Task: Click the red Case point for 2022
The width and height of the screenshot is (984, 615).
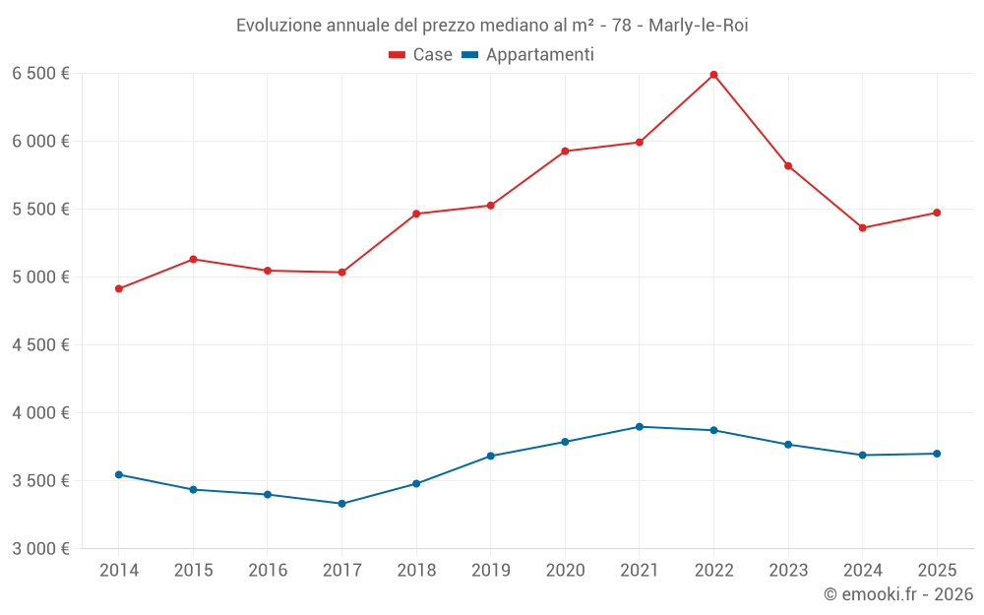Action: click(713, 75)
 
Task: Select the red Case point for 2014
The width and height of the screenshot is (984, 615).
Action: click(119, 288)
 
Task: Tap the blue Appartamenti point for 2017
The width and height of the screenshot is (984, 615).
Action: click(341, 504)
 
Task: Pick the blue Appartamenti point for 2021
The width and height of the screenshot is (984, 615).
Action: click(640, 427)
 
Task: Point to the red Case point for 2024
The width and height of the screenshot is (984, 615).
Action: click(863, 228)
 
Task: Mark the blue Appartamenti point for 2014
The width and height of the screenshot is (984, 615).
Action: click(119, 474)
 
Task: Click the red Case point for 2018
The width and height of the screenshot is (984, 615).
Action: click(416, 214)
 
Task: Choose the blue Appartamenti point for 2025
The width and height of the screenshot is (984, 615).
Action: click(937, 454)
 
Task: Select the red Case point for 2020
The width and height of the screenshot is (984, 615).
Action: click(565, 152)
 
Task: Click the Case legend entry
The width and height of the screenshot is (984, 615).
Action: click(421, 55)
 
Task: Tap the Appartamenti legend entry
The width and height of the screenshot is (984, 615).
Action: click(528, 55)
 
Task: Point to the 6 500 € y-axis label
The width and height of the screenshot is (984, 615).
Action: click(40, 74)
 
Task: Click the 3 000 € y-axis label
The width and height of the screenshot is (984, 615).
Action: click(40, 549)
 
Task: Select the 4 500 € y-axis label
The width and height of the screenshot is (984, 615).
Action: click(40, 345)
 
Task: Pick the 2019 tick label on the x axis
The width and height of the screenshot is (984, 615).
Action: click(490, 570)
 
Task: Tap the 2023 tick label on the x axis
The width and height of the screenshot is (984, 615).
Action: click(788, 570)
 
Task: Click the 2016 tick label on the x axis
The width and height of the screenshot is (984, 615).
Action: click(268, 570)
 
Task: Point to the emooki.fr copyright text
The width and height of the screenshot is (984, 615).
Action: click(897, 594)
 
